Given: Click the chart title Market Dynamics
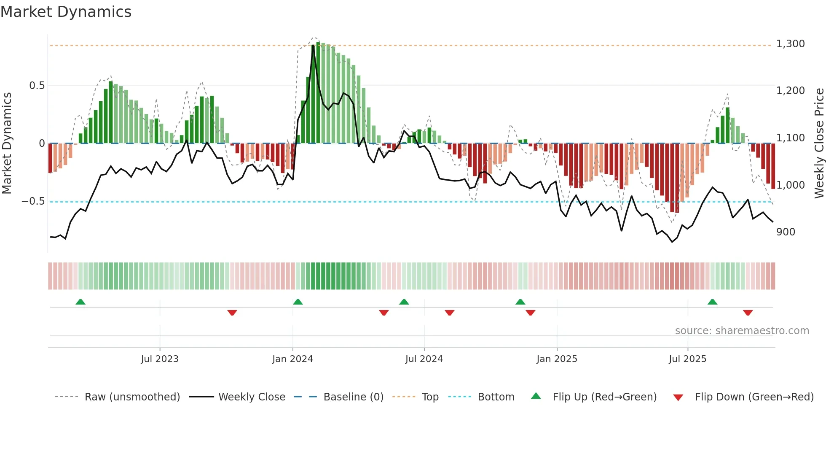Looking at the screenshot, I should tap(66, 12).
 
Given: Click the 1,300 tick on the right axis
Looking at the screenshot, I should tap(790, 44).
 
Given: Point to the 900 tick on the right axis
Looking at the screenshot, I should tap(786, 232).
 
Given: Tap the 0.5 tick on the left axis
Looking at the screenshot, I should tap(37, 86).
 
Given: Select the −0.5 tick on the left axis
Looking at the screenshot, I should tap(33, 201).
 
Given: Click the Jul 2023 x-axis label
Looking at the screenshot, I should tap(160, 359).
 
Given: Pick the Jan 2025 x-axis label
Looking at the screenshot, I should tap(557, 359).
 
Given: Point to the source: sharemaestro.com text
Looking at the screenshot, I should tap(742, 331).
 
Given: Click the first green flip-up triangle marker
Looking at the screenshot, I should tap(80, 302).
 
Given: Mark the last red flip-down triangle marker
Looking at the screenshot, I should tap(748, 313).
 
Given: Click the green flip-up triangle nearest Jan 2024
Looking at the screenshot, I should tap(298, 302).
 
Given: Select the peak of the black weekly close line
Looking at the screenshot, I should tap(313, 46).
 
